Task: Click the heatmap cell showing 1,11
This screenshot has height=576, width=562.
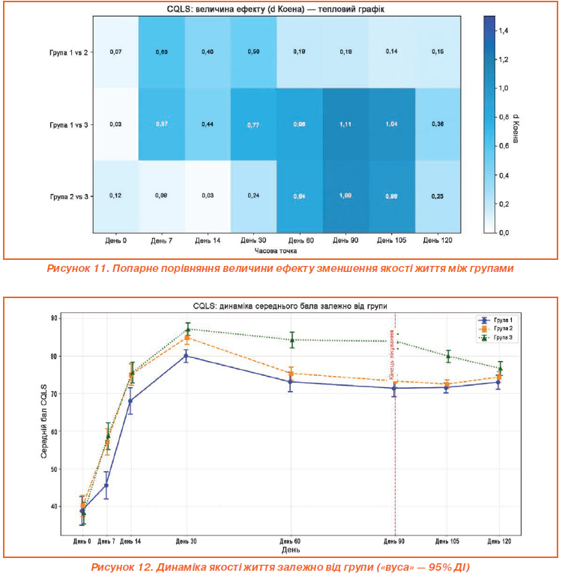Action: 345,124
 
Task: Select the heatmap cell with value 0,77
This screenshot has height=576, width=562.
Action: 253,124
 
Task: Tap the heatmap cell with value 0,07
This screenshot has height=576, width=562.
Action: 115,52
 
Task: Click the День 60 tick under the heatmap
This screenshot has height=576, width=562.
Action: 300,241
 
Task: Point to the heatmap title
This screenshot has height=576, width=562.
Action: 277,7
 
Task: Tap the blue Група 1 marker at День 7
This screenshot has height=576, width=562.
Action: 106,485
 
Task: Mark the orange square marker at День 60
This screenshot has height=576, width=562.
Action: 291,373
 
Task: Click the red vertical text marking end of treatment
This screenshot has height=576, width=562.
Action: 391,355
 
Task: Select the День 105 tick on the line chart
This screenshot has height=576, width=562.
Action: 447,541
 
